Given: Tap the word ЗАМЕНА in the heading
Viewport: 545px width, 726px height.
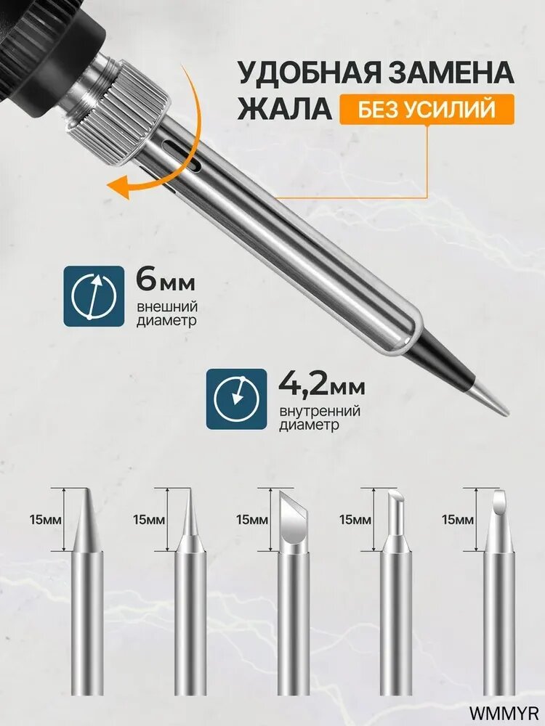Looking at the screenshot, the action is [x=451, y=73].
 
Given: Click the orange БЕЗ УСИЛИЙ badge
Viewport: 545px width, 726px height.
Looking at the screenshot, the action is [x=427, y=110].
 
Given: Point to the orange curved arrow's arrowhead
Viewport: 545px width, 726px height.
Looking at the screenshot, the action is [x=118, y=187].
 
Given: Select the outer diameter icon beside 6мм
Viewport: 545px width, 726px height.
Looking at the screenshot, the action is [x=94, y=296].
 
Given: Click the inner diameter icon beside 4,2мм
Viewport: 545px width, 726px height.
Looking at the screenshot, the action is [x=236, y=399].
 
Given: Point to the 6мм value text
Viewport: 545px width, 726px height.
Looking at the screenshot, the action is [x=166, y=280].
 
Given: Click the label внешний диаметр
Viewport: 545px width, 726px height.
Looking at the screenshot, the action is [x=167, y=314].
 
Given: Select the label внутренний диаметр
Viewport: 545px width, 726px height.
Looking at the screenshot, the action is [x=320, y=417].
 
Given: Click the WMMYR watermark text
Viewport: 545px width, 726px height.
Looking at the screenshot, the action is [x=504, y=711].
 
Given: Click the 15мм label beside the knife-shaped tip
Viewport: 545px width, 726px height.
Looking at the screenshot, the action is [x=252, y=520].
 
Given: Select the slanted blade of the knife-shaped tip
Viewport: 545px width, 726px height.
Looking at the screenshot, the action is [x=293, y=518].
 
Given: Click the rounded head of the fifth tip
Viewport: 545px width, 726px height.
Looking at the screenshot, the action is [x=499, y=501].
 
